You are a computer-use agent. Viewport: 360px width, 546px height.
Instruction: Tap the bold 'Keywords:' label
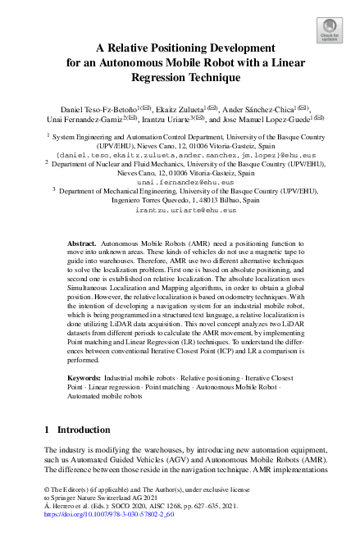click(x=84, y=378)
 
